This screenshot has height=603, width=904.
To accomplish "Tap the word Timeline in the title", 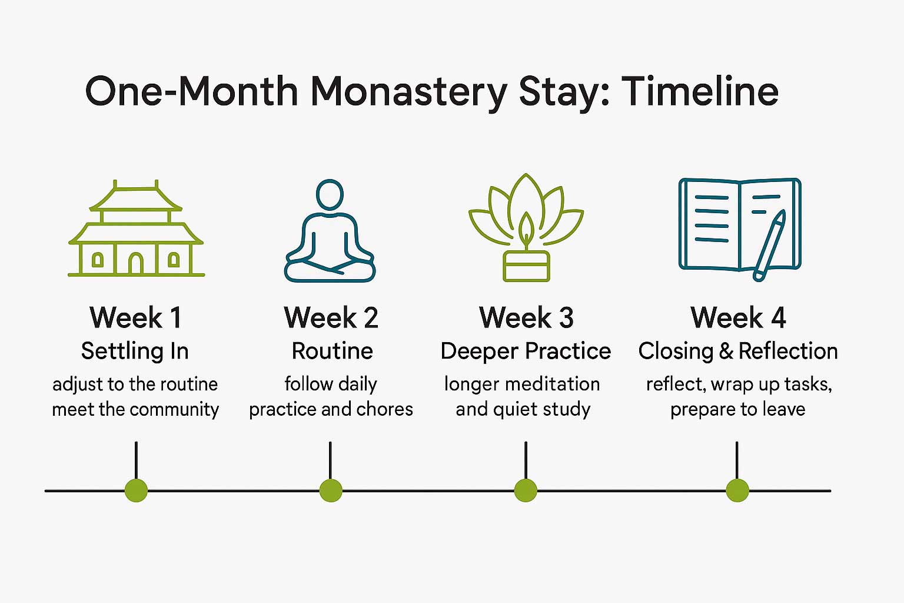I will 700,91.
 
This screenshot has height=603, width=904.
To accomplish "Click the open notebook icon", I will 739,227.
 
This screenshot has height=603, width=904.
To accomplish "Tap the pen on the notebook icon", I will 770,245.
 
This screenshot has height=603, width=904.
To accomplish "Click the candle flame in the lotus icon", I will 526,226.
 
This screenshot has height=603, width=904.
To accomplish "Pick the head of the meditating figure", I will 330,194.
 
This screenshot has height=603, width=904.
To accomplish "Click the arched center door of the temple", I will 136,263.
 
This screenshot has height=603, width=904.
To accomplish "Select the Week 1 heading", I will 135,318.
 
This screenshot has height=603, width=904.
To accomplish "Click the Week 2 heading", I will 331,318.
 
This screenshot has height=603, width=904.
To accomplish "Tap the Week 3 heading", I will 526,318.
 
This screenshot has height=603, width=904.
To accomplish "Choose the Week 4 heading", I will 738,318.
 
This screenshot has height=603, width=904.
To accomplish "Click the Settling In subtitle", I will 135,351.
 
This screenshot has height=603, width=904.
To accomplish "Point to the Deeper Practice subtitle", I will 526,351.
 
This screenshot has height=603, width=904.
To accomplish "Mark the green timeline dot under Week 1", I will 136,490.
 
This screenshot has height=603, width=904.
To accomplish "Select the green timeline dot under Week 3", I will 526,490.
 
